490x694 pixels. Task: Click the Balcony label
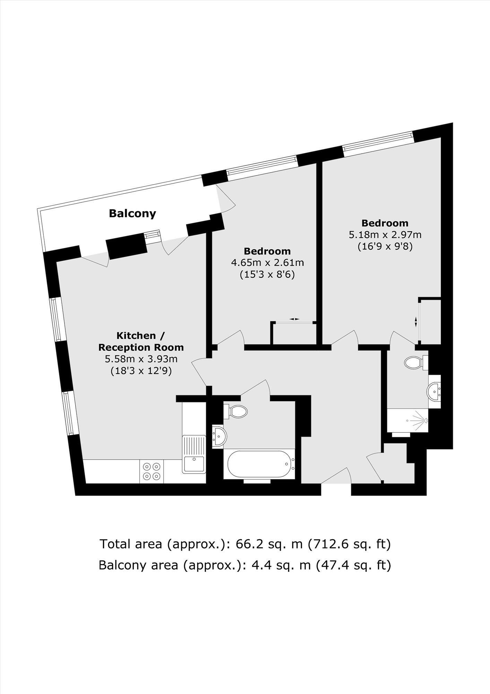pos(132,213)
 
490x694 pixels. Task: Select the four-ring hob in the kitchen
pos(152,471)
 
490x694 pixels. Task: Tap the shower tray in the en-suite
pos(407,420)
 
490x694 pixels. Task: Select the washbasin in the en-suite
pos(433,391)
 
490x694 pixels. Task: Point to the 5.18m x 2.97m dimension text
pos(385,235)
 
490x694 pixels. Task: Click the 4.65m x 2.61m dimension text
pos(267,262)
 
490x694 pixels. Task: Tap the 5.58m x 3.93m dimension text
pos(141,359)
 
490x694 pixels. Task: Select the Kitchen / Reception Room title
pos(141,341)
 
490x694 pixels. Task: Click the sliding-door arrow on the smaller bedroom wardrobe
pos(294,319)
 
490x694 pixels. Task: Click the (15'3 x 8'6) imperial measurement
pos(267,275)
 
